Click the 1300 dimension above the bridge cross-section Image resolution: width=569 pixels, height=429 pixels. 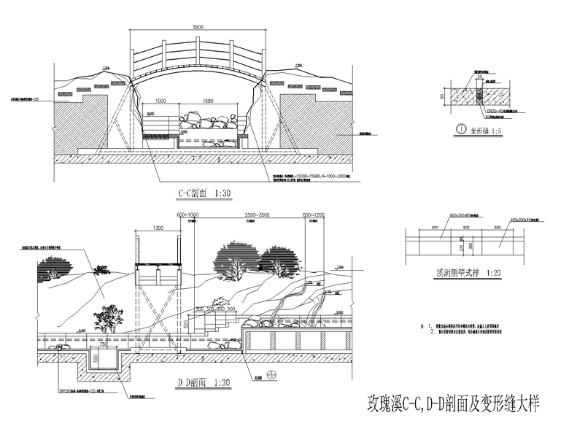pos(158,228)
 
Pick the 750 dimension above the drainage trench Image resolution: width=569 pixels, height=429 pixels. pos(104,345)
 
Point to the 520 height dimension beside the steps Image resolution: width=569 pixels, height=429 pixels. pos(186,323)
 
